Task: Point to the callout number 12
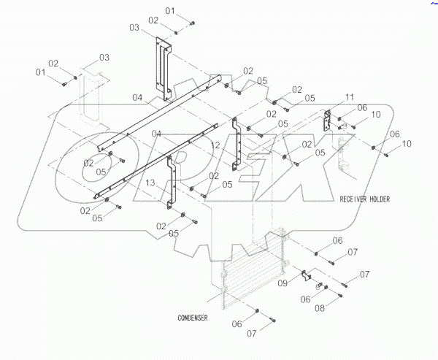(x=215, y=146)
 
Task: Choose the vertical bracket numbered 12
(x=235, y=142)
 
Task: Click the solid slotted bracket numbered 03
(x=163, y=69)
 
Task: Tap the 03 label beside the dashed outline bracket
(x=104, y=57)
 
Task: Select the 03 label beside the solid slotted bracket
(x=134, y=28)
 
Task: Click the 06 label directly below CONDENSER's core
(x=238, y=323)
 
